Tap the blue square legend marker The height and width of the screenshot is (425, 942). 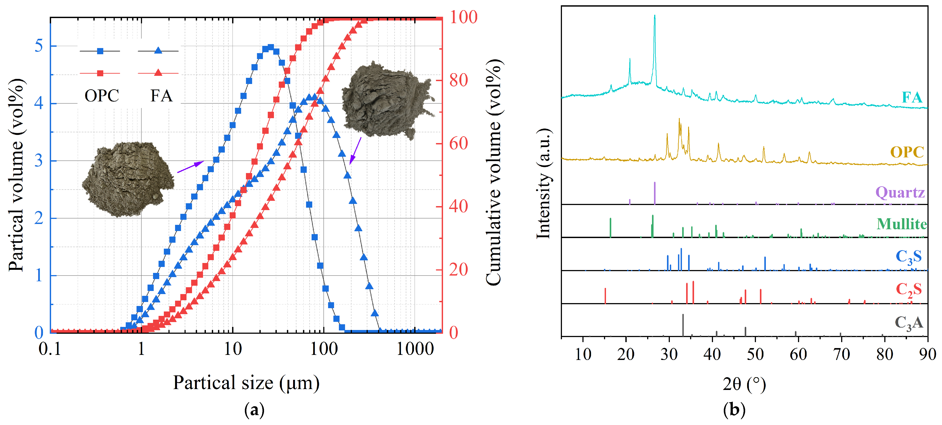tap(100, 51)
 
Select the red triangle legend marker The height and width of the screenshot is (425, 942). tap(158, 73)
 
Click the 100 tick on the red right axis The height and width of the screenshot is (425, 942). tap(463, 17)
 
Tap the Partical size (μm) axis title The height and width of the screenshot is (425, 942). tap(246, 383)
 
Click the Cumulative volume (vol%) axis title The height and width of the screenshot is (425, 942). tap(494, 172)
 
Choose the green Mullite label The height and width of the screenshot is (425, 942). tap(901, 224)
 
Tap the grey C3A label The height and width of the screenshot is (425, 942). tap(908, 323)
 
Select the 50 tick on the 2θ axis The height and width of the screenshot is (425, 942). tap(755, 354)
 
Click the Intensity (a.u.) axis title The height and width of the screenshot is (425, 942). tap(544, 183)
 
